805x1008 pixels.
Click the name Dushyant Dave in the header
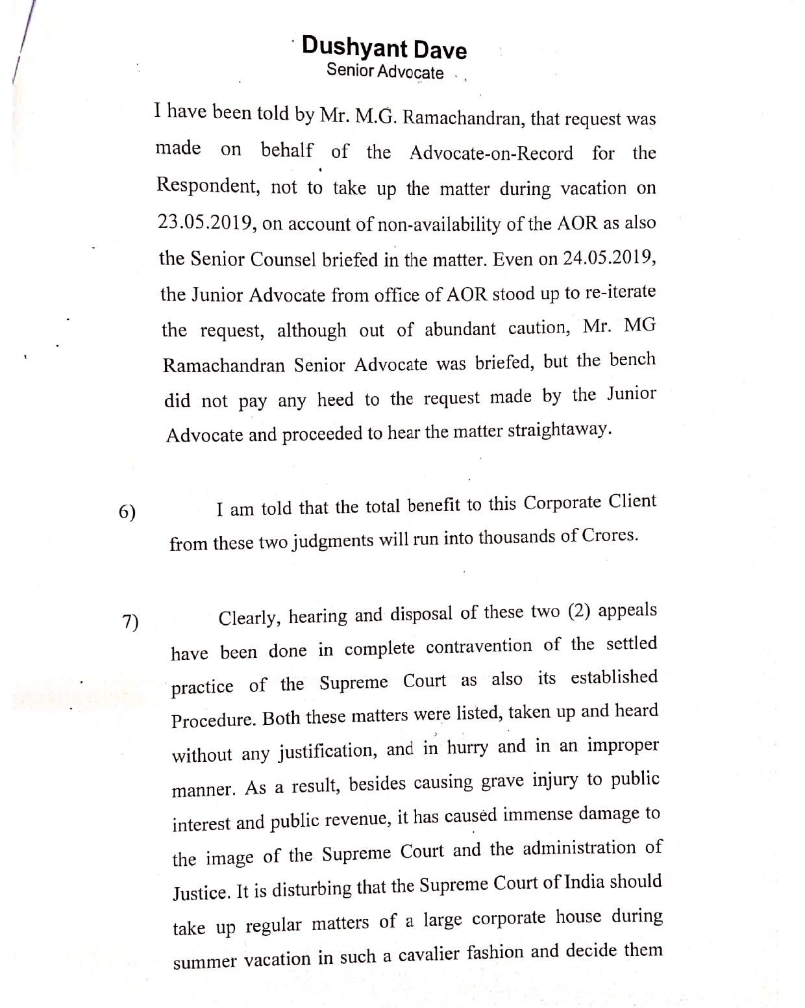(384, 48)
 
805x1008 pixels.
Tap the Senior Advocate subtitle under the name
(385, 71)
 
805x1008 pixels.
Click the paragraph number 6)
(127, 512)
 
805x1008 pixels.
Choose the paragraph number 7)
(130, 622)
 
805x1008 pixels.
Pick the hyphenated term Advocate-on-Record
(491, 153)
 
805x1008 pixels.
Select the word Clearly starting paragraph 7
(249, 617)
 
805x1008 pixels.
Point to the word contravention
(479, 648)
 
